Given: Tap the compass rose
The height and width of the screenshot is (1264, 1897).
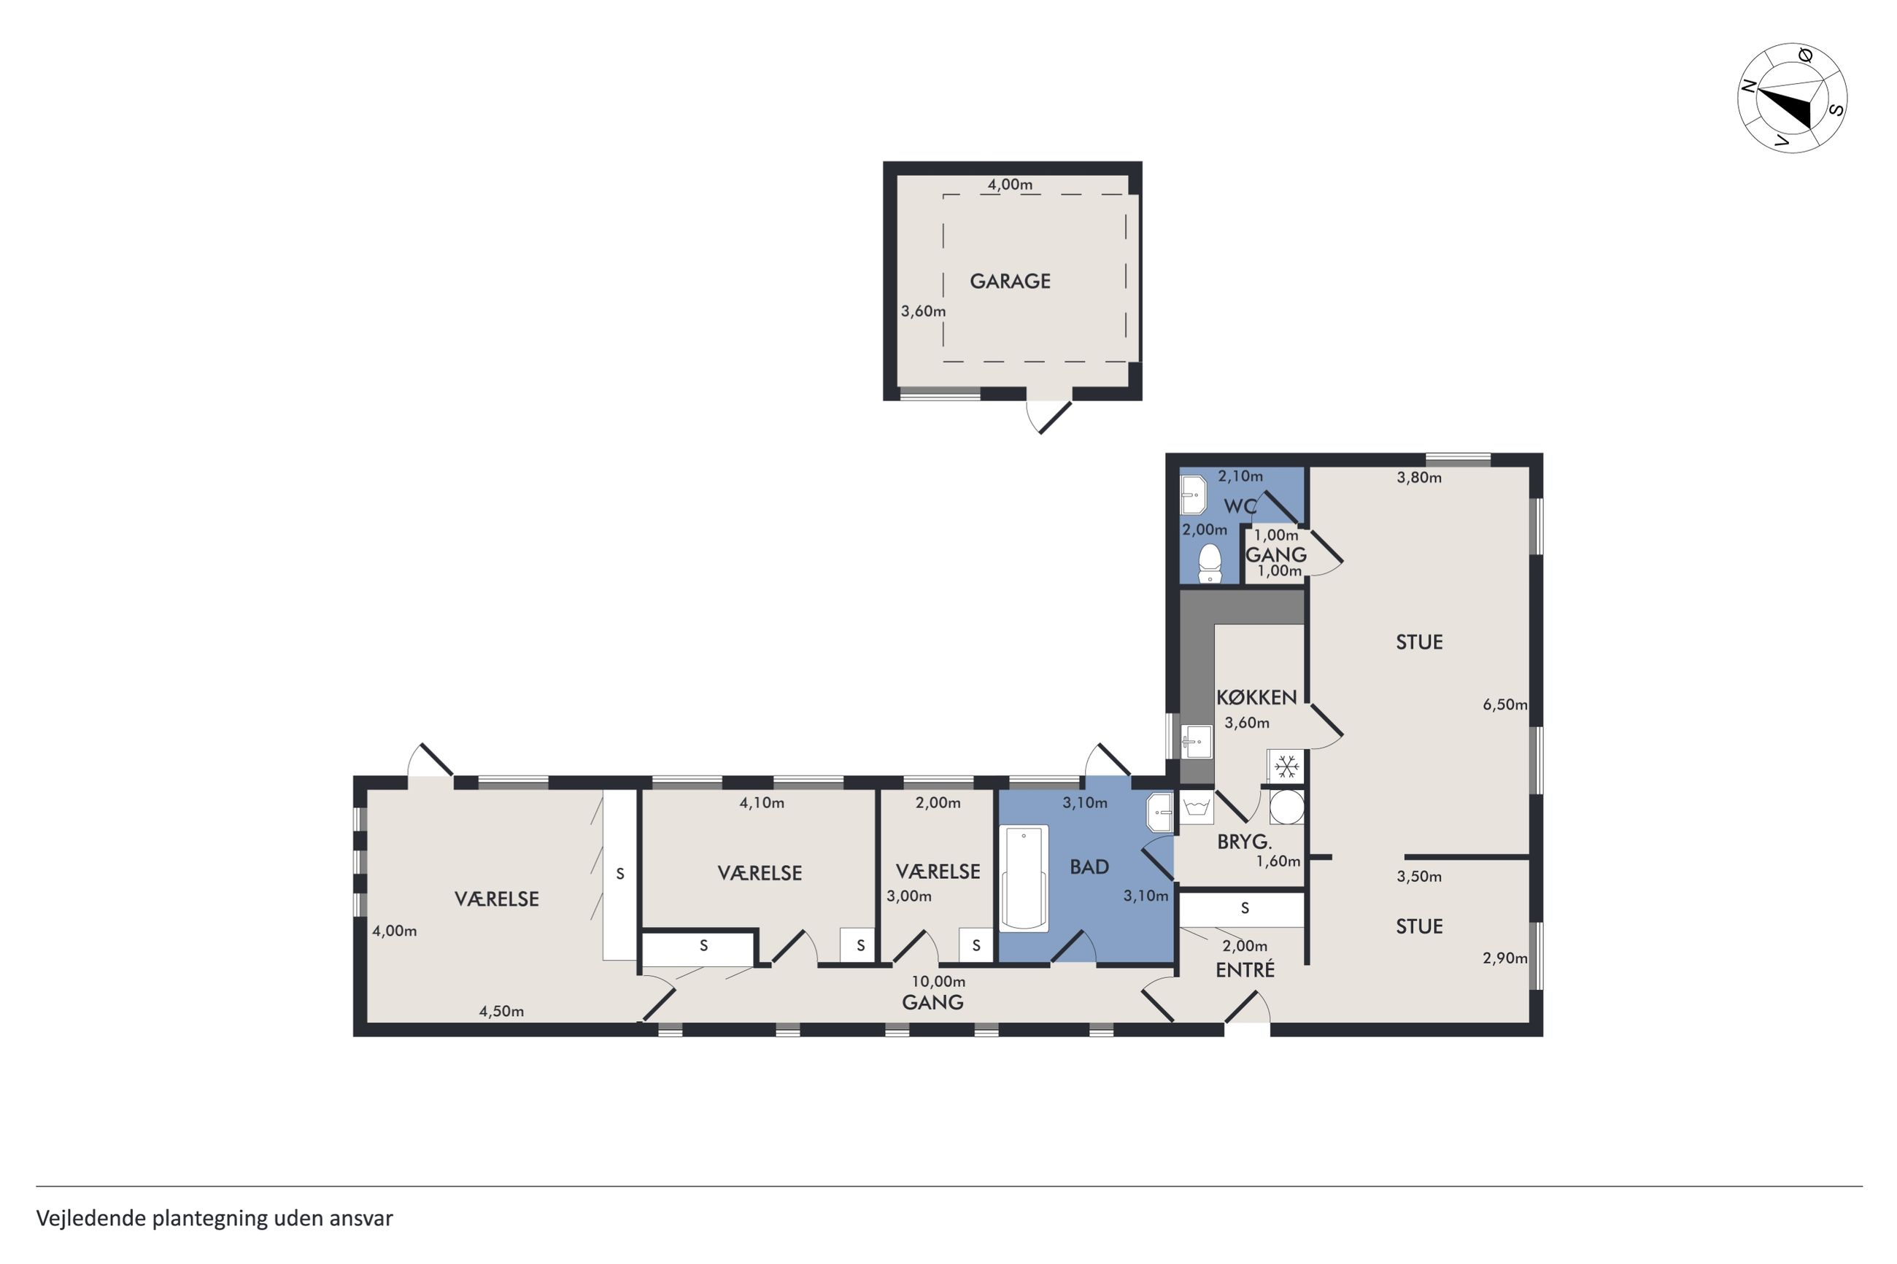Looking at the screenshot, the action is pyautogui.click(x=1791, y=98).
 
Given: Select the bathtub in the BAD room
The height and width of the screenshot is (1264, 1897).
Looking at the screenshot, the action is pyautogui.click(x=1024, y=878).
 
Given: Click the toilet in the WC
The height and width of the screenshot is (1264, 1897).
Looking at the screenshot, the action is pyautogui.click(x=1209, y=564).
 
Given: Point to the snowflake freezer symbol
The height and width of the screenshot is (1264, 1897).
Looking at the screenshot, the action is pyautogui.click(x=1288, y=766).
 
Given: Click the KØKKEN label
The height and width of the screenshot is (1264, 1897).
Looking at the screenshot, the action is pyautogui.click(x=1256, y=697).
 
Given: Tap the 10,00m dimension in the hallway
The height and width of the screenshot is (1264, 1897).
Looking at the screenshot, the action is pyautogui.click(x=938, y=982).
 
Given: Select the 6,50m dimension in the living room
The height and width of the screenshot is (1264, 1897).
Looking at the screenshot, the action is pyautogui.click(x=1504, y=705).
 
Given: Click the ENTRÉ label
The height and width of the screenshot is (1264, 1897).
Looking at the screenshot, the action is pyautogui.click(x=1245, y=970).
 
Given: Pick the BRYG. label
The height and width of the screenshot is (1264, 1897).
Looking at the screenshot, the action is pyautogui.click(x=1244, y=842).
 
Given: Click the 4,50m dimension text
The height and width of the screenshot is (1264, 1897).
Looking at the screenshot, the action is pyautogui.click(x=501, y=1012).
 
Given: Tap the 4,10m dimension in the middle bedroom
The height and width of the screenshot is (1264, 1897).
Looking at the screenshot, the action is pyautogui.click(x=762, y=803).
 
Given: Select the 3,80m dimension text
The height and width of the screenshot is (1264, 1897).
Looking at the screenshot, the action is pyautogui.click(x=1419, y=477).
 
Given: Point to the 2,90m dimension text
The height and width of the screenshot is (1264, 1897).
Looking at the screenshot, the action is pyautogui.click(x=1504, y=958).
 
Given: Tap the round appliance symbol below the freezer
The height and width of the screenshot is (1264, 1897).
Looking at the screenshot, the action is pyautogui.click(x=1287, y=807).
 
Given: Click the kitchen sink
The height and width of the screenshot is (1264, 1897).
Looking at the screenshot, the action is pyautogui.click(x=1197, y=742).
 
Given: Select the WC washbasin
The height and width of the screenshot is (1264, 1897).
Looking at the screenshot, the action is pyautogui.click(x=1193, y=495).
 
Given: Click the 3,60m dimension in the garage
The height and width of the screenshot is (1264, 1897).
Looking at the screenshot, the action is pyautogui.click(x=923, y=311).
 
